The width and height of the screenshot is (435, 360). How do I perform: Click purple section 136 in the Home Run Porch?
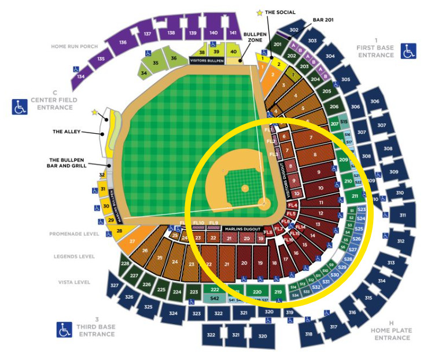(x=123, y=42)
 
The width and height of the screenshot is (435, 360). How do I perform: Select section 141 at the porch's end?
(x=233, y=34)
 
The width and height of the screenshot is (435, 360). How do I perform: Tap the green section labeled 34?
(x=143, y=74)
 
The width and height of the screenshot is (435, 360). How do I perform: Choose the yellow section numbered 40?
(x=233, y=52)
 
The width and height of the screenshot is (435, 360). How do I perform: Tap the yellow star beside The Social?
(x=259, y=12)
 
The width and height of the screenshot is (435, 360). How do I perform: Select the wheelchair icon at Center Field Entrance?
(x=20, y=106)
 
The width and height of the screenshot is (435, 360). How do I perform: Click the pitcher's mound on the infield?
(x=245, y=189)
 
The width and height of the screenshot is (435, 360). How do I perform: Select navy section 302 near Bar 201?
(x=294, y=30)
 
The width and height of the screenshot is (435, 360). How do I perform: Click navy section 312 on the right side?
(x=400, y=241)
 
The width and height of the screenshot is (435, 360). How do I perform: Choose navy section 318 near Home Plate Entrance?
(x=308, y=334)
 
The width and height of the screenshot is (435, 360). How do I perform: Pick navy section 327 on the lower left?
(x=115, y=286)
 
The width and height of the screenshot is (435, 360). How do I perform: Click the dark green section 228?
(x=125, y=264)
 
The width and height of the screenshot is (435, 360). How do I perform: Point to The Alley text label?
(x=65, y=131)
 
